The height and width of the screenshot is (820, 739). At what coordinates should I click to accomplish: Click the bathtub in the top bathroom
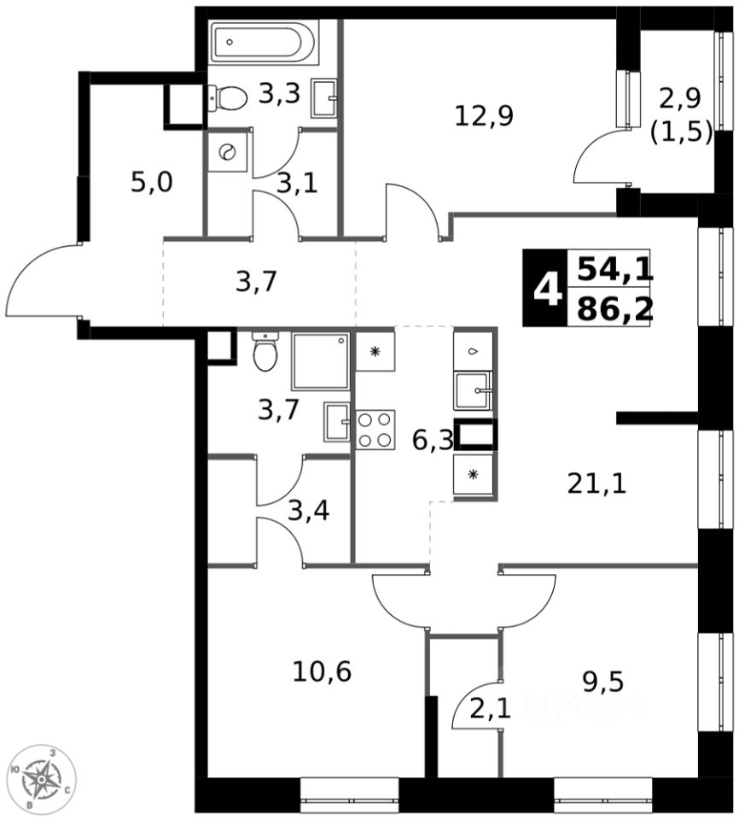point(264,43)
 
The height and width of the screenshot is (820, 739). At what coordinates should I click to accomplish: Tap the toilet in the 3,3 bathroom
point(228,97)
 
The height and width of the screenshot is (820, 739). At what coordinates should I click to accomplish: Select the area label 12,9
point(483,114)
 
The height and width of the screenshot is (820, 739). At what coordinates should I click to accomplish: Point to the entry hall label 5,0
point(152,182)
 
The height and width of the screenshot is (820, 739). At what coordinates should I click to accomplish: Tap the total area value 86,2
point(614,308)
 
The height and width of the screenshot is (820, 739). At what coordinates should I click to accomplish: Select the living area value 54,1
point(614,270)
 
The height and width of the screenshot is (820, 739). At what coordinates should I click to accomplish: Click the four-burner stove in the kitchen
point(375,430)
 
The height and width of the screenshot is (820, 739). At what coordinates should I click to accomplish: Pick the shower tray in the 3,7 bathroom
point(320,361)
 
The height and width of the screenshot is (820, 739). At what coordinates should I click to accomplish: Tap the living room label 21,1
point(597,484)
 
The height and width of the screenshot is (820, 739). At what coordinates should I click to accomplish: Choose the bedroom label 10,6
point(322,671)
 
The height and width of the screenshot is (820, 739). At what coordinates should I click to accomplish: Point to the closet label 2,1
point(492,708)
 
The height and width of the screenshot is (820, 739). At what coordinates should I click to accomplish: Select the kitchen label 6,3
point(431,442)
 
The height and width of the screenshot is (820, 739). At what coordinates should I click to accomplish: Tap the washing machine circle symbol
point(228,152)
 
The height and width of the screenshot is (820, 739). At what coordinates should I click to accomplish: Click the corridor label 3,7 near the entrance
point(256,280)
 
